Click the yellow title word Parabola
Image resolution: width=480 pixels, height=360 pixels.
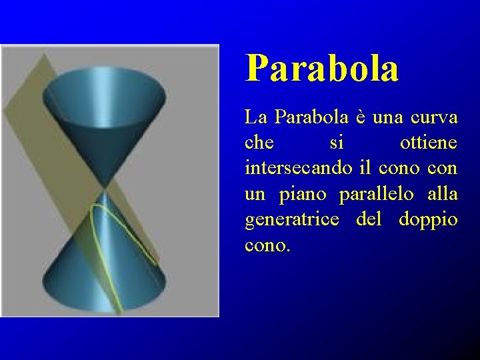tap(322, 68)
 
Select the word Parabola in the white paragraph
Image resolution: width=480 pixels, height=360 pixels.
tap(303, 118)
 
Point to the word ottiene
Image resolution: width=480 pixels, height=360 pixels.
tap(428, 143)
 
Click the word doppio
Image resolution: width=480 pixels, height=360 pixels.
tap(428, 219)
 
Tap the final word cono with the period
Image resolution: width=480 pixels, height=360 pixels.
tap(268, 245)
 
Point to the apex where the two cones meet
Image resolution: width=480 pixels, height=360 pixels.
tap(104, 187)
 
